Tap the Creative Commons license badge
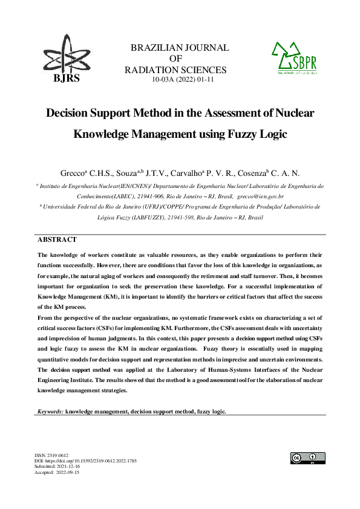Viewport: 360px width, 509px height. [307, 458]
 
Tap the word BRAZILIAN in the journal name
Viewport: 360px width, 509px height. [158, 48]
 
